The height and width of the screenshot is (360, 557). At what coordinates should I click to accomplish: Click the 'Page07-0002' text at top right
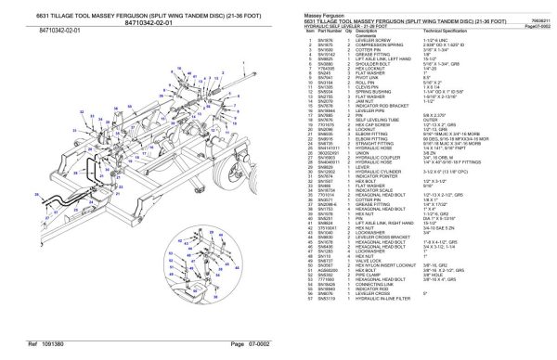click(x=535, y=23)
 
